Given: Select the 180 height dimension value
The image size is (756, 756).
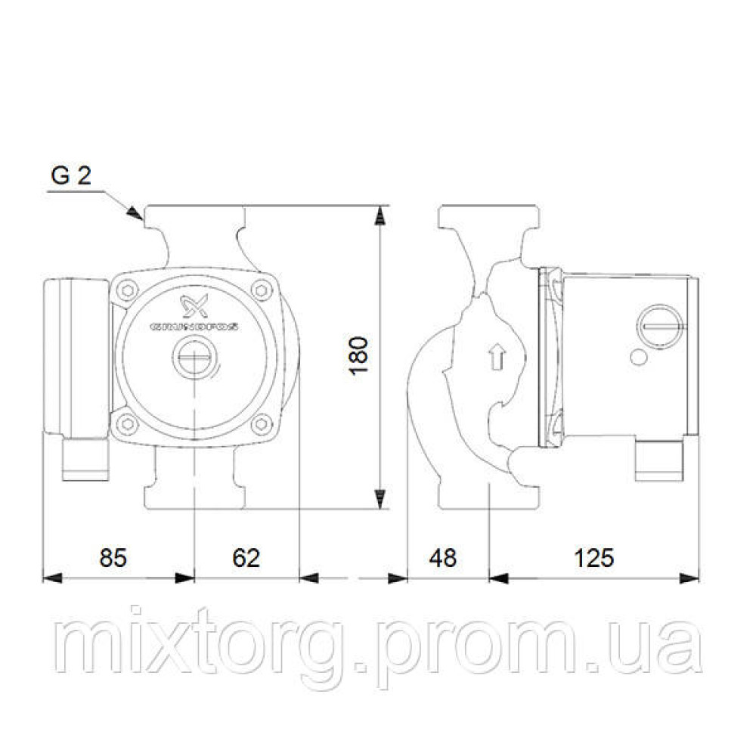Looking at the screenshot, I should [361, 356].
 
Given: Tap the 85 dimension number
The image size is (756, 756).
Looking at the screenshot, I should [113, 557].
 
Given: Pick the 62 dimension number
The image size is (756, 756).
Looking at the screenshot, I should [246, 557].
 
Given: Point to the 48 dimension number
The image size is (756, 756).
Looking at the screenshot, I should [444, 557].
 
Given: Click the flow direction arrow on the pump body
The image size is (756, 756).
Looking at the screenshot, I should [497, 356].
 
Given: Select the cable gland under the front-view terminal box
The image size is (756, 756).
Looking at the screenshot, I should [84, 460].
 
